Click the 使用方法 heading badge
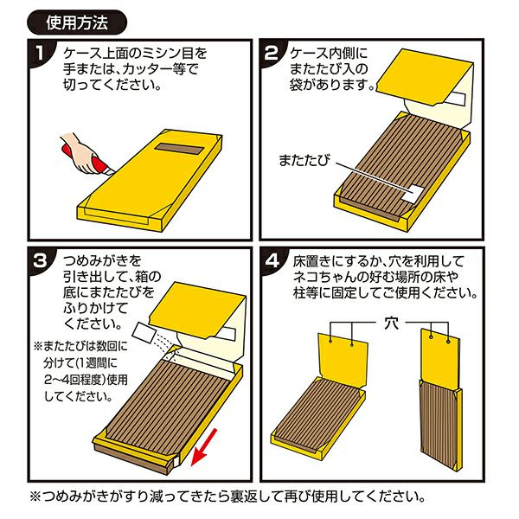(x=77, y=22)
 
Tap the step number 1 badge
(x=41, y=53)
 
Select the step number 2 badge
(x=272, y=53)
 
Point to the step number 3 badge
(x=41, y=261)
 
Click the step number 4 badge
(x=272, y=261)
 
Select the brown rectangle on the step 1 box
(x=178, y=150)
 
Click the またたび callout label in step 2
(x=304, y=160)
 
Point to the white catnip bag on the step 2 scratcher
(x=413, y=194)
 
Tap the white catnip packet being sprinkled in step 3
(x=144, y=333)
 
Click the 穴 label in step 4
(x=391, y=323)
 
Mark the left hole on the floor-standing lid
(x=330, y=341)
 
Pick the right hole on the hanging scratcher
(x=448, y=341)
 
